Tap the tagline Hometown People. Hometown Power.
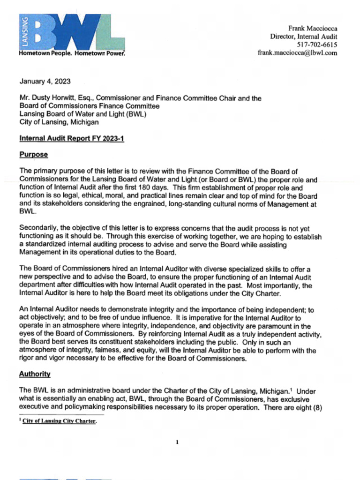(72, 53)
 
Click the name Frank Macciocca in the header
(312, 28)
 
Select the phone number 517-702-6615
(317, 45)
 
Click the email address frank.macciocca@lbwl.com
(297, 53)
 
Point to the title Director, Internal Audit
(303, 37)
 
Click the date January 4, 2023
(45, 82)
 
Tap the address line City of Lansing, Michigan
(59, 122)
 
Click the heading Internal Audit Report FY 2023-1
(71, 139)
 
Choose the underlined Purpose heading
(33, 155)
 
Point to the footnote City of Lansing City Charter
(60, 421)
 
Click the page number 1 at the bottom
(177, 442)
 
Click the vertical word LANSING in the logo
(25, 32)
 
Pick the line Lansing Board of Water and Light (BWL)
(82, 114)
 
